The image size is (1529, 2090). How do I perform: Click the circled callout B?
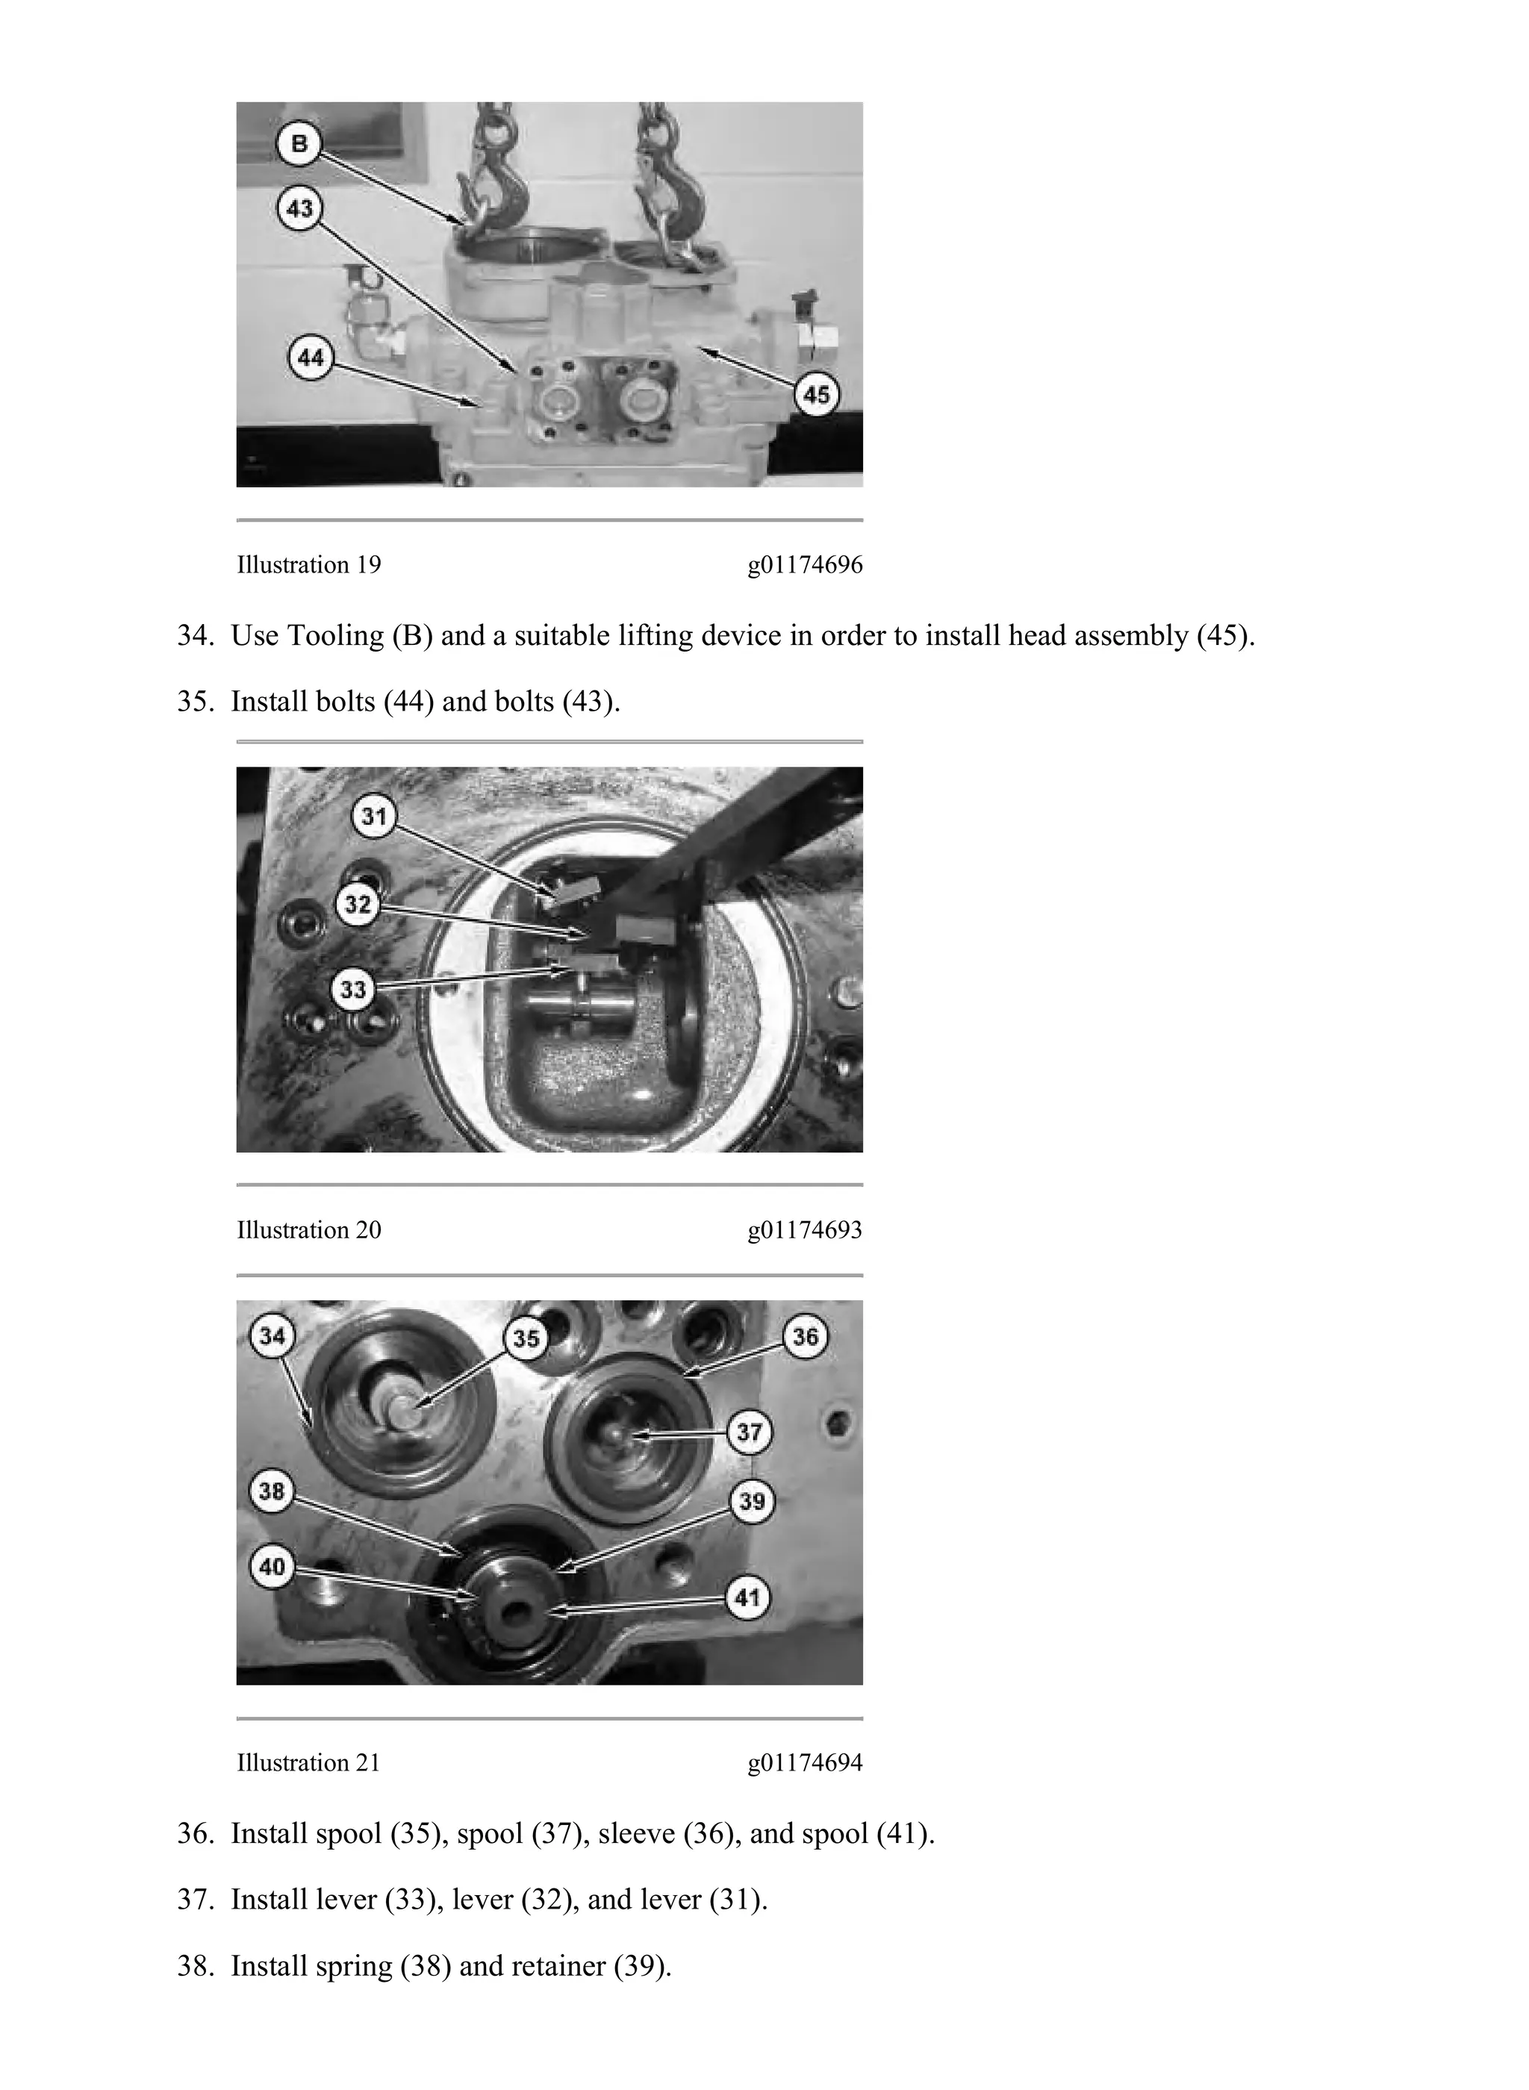pyautogui.click(x=299, y=144)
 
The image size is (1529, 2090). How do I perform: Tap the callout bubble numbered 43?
pyautogui.click(x=299, y=209)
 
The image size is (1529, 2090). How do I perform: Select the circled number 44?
pyautogui.click(x=311, y=356)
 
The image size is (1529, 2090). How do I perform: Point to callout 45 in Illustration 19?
pyautogui.click(x=816, y=395)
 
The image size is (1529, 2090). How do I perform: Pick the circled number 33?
pyautogui.click(x=354, y=990)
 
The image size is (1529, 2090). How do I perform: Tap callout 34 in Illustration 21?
pyautogui.click(x=272, y=1336)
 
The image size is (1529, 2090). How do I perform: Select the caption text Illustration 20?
pyautogui.click(x=309, y=1231)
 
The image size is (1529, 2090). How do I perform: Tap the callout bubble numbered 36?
pyautogui.click(x=806, y=1336)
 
